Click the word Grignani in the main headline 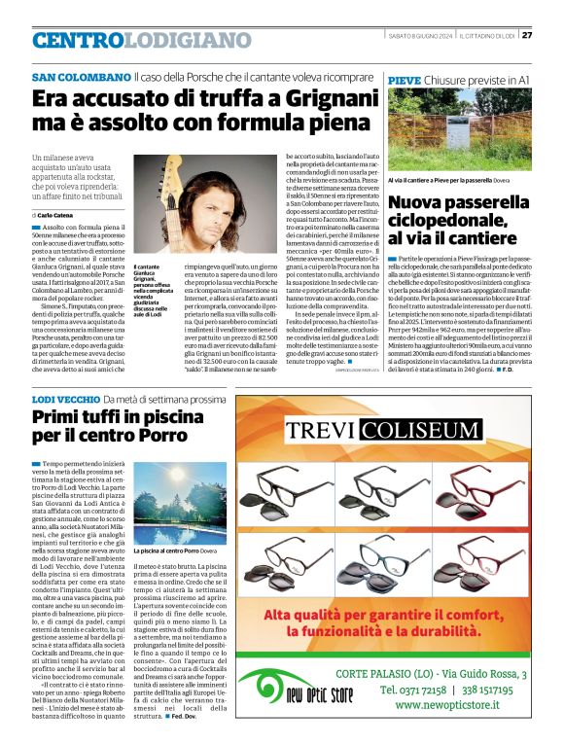click(298, 99)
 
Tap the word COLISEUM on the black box click(422, 430)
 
